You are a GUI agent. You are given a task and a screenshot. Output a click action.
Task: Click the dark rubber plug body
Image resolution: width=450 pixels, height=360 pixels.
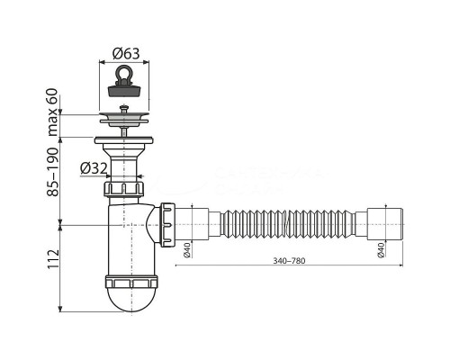[131, 89]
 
